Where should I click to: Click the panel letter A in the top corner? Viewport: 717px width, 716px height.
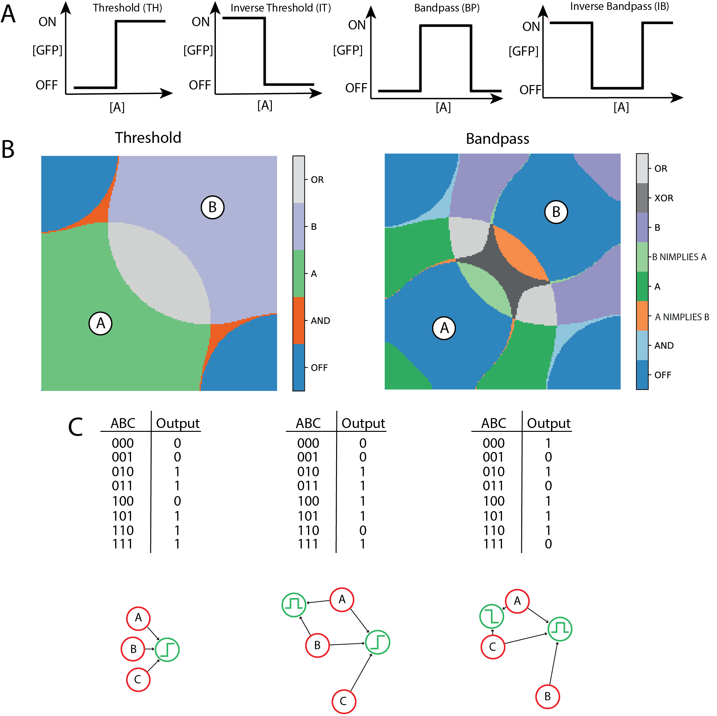pyautogui.click(x=9, y=14)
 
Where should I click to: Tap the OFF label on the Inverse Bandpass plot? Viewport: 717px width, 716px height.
pyautogui.click(x=530, y=90)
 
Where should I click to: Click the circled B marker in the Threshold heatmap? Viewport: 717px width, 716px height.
pyautogui.click(x=212, y=207)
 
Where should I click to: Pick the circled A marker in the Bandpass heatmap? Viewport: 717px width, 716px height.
pyautogui.click(x=444, y=328)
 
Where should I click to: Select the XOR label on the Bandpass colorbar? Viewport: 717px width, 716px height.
pyautogui.click(x=664, y=198)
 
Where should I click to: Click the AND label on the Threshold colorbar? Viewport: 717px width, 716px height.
pyautogui.click(x=320, y=321)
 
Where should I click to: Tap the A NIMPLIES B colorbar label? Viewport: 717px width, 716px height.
pyautogui.click(x=682, y=317)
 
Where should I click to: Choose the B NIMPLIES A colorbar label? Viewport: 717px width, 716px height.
pyautogui.click(x=679, y=257)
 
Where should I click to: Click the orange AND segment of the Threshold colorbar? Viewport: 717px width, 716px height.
pyautogui.click(x=298, y=321)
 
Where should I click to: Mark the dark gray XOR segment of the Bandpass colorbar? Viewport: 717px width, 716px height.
pyautogui.click(x=642, y=198)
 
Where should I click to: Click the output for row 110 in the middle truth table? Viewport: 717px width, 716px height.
pyautogui.click(x=363, y=531)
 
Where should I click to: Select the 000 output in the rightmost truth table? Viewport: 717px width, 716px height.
pyautogui.click(x=548, y=443)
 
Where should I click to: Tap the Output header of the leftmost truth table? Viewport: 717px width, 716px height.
pyautogui.click(x=177, y=423)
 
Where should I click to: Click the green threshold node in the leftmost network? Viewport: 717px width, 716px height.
pyautogui.click(x=167, y=650)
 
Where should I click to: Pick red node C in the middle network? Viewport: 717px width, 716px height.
pyautogui.click(x=344, y=701)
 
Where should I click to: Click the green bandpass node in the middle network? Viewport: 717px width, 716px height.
pyautogui.click(x=294, y=605)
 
